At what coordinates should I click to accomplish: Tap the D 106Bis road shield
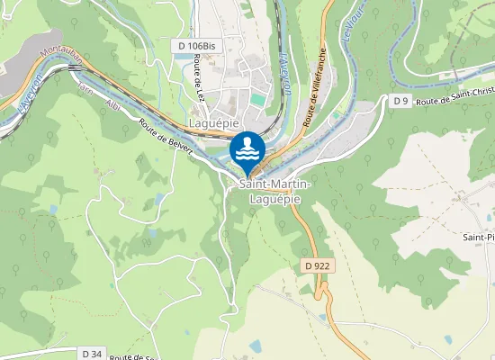(195, 45)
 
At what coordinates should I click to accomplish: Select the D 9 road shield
(400, 101)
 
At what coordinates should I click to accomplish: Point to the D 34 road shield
(90, 353)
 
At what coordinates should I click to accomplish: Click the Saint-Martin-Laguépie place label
(274, 190)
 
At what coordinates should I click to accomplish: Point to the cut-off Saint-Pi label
(478, 237)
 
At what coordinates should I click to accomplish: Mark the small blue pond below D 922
(255, 346)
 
